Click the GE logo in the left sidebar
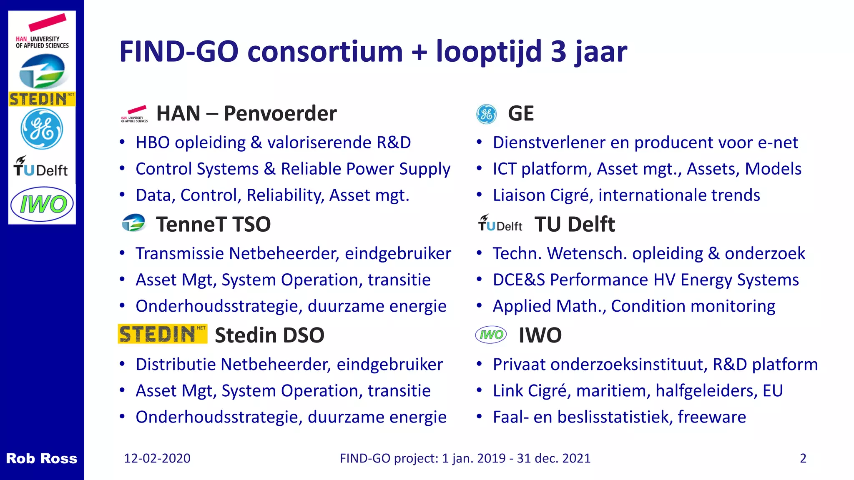pyautogui.click(x=42, y=129)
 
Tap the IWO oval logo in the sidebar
pyautogui.click(x=42, y=204)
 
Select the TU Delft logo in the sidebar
pyautogui.click(x=40, y=167)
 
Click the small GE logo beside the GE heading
pyautogui.click(x=486, y=114)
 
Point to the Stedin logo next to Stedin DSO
pyautogui.click(x=162, y=334)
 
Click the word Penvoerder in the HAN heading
pyautogui.click(x=280, y=114)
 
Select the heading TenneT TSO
pyautogui.click(x=213, y=224)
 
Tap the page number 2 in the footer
pyautogui.click(x=803, y=458)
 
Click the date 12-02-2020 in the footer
pyautogui.click(x=157, y=458)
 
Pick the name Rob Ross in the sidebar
pyautogui.click(x=41, y=458)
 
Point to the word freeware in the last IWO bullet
pyautogui.click(x=711, y=417)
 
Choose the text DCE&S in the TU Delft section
pyautogui.click(x=519, y=280)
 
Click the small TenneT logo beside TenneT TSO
pyautogui.click(x=133, y=223)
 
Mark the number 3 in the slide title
pyautogui.click(x=558, y=52)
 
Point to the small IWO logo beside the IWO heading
pyautogui.click(x=491, y=335)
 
